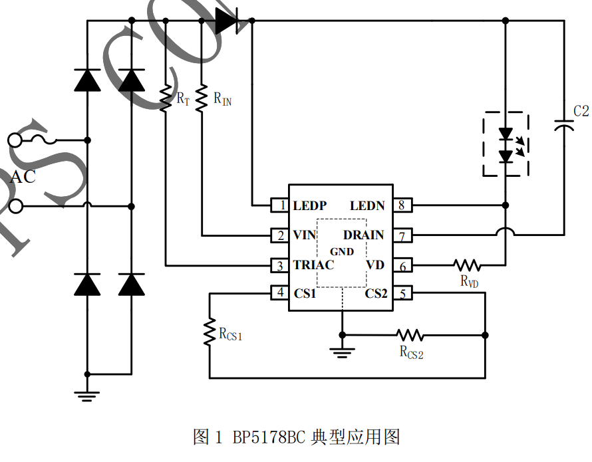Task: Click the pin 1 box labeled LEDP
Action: pos(279,205)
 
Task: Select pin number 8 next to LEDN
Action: pos(402,205)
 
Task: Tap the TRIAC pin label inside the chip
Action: pos(313,265)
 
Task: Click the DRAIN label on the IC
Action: pos(363,235)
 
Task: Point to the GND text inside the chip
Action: pos(342,252)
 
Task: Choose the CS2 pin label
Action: pos(376,293)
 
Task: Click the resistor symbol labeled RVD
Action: pos(467,265)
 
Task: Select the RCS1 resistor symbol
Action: pos(210,330)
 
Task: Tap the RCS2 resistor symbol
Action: pos(410,334)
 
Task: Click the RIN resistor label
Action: pos(223,99)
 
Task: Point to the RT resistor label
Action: pos(183,99)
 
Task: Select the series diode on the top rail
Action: pos(226,21)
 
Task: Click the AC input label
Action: pos(23,177)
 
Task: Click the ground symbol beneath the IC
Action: pos(342,352)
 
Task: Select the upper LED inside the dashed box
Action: pos(506,135)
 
